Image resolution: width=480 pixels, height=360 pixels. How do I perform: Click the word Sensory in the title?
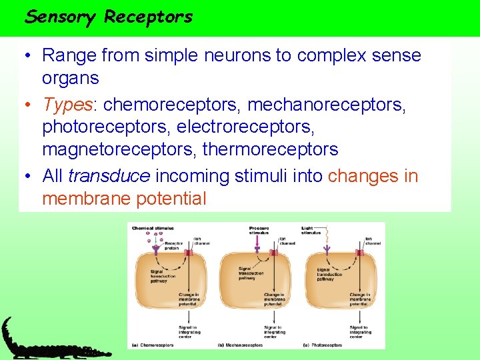click(x=60, y=17)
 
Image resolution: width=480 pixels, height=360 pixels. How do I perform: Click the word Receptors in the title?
click(x=148, y=17)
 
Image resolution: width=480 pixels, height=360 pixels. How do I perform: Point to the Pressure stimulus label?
click(x=259, y=231)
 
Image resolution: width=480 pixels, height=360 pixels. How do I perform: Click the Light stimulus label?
click(x=311, y=231)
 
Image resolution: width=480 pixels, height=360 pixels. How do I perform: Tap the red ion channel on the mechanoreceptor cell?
click(x=273, y=253)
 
